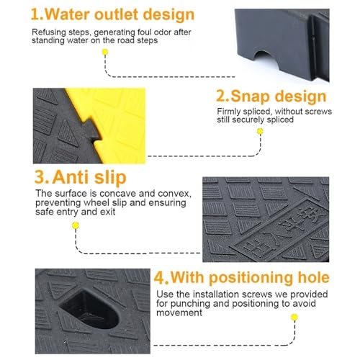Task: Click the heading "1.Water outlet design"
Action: coord(112,14)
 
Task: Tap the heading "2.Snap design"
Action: coord(271,96)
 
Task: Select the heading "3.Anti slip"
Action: coord(81,177)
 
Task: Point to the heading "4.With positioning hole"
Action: coord(241,277)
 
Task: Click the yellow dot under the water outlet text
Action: coord(105,52)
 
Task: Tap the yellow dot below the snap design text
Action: coord(260,131)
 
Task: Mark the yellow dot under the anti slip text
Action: coord(76,225)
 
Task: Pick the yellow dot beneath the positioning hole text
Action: coord(294,318)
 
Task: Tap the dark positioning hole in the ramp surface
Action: coord(89,310)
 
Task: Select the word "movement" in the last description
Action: coord(179,312)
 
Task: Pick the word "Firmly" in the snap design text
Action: coord(229,112)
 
